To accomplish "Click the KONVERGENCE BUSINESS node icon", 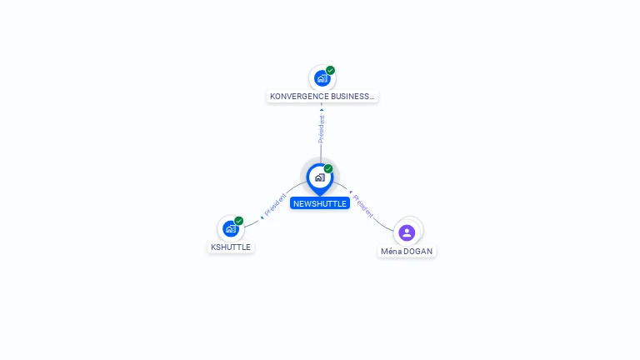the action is (322, 78).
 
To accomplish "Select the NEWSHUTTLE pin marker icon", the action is (320, 179).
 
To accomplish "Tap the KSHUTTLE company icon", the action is (231, 228).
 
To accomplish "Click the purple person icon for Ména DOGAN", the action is (407, 232).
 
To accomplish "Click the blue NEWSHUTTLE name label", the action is (320, 203).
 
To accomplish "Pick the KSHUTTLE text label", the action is (231, 247).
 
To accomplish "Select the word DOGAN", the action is (418, 252).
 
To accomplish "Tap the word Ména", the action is (392, 252).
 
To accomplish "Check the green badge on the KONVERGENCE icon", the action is (330, 70).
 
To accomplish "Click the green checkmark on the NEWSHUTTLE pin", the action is (328, 168).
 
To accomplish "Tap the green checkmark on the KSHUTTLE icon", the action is (239, 221).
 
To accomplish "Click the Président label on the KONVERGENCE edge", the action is (322, 129).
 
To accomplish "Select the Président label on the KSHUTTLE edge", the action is (275, 204).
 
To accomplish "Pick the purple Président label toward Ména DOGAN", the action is (362, 206).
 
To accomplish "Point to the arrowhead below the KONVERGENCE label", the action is (322, 110).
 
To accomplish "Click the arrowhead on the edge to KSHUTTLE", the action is (262, 217).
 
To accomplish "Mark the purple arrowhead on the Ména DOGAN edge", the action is (351, 192).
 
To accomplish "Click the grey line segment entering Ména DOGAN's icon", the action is (382, 225).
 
